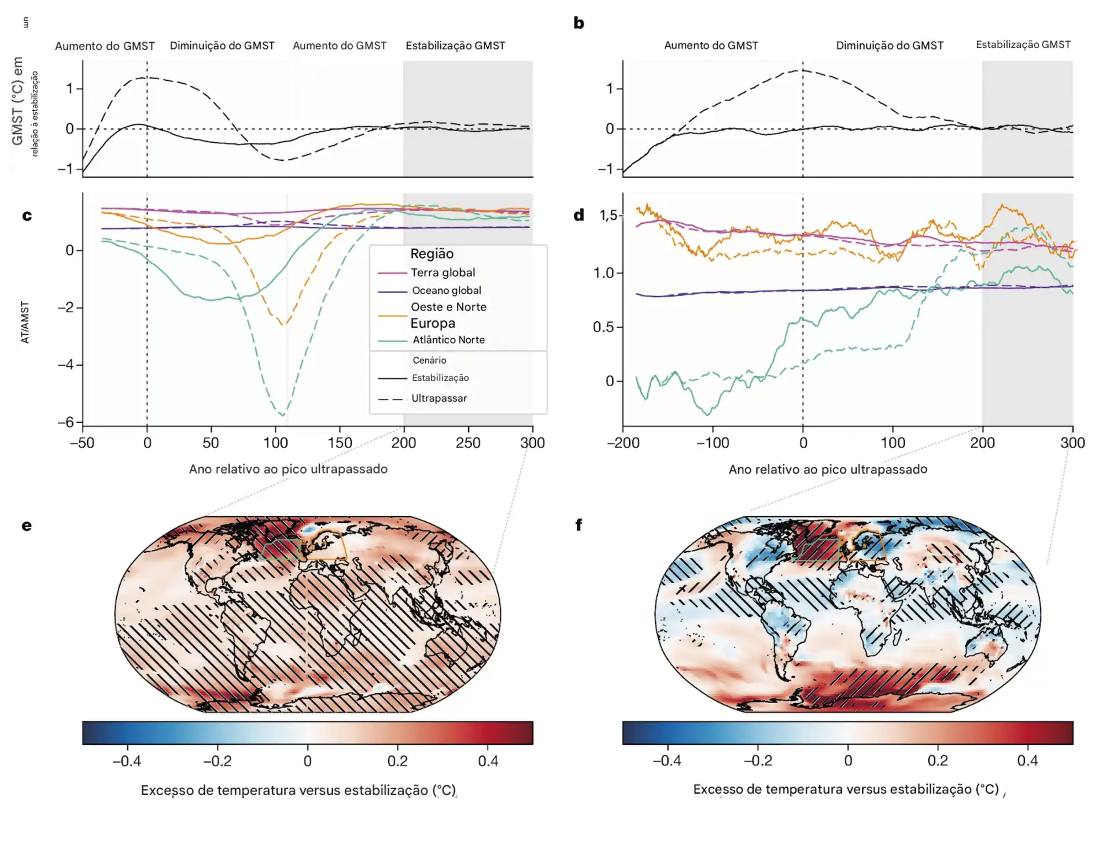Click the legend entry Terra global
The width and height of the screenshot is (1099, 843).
[x=442, y=272]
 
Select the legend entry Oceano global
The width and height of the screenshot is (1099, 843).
[x=446, y=290]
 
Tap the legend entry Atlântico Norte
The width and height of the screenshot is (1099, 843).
[x=448, y=340]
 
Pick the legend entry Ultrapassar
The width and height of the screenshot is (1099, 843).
[x=438, y=398]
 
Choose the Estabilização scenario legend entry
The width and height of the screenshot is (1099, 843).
[x=440, y=378]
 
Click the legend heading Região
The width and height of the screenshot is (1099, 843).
[x=432, y=254]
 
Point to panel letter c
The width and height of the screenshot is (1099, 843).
[x=27, y=216]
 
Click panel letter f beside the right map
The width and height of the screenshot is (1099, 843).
[x=578, y=525]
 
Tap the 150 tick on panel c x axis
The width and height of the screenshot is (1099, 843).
[x=340, y=443]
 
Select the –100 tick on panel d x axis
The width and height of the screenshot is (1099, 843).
[x=712, y=443]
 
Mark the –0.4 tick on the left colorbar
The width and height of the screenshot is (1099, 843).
[x=127, y=761]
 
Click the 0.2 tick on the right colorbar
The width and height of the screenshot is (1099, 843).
[x=938, y=760]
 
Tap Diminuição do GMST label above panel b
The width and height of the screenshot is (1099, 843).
[x=889, y=46]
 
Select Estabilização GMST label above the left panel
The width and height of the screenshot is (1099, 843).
[x=455, y=46]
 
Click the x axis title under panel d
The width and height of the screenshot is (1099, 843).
[x=828, y=469]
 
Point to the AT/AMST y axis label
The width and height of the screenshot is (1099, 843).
[x=25, y=322]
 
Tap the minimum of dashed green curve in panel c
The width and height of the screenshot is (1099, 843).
[x=282, y=415]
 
